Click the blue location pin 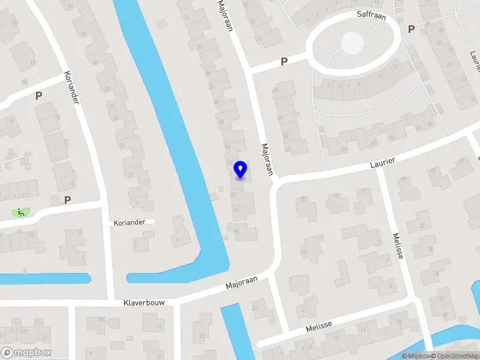[240, 169]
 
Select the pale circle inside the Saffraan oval [352, 43]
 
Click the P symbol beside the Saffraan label [411, 29]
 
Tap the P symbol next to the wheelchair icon [67, 200]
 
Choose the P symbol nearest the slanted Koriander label [38, 95]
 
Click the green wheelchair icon [21, 212]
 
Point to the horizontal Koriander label [130, 223]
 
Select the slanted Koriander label [72, 88]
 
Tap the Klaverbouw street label [144, 303]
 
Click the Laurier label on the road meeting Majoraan [382, 162]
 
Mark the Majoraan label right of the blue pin [267, 159]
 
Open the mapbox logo [26, 352]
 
